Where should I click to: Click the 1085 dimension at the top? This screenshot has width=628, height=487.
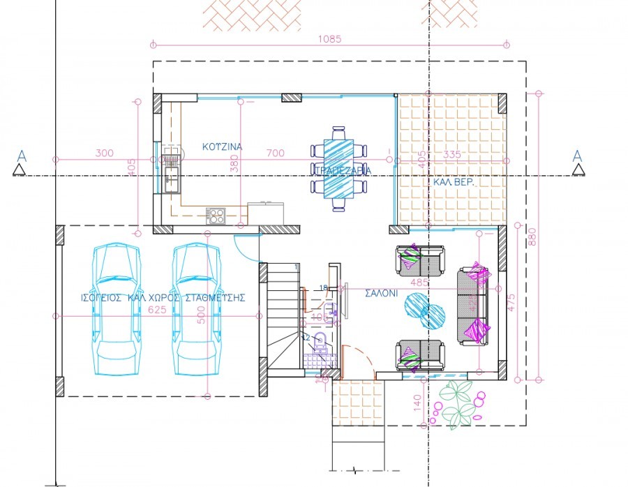click(x=331, y=39)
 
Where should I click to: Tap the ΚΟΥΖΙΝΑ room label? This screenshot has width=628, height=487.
click(x=222, y=147)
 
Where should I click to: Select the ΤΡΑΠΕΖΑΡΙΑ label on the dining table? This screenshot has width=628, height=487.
click(x=342, y=170)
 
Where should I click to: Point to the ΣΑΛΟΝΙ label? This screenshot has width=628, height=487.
click(x=381, y=294)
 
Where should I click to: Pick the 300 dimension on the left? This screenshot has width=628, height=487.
click(x=104, y=153)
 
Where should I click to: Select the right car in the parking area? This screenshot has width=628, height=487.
click(x=195, y=306)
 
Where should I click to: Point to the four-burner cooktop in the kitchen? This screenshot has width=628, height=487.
click(x=216, y=216)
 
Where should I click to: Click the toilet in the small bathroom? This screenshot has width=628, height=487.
click(x=321, y=343)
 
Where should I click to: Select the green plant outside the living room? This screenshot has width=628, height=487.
click(x=454, y=404)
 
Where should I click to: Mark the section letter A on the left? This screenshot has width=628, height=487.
click(x=21, y=155)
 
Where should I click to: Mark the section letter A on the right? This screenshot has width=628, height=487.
click(x=576, y=155)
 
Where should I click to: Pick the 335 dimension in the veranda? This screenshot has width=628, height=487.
click(x=453, y=154)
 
